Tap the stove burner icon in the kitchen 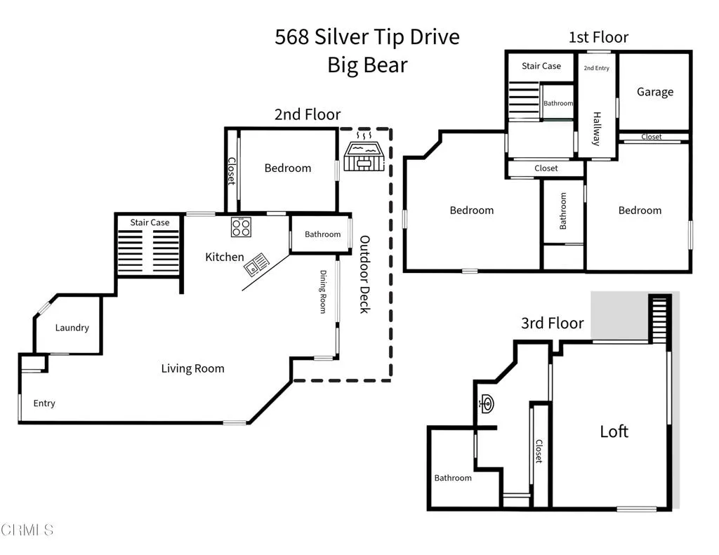[242, 227]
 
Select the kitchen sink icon [256, 265]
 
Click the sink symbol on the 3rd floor [486, 403]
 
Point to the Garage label [655, 92]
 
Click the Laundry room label [72, 328]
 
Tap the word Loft [614, 432]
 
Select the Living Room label [192, 368]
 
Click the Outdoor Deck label [364, 274]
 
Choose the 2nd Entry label [597, 68]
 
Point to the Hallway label [597, 129]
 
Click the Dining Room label [323, 291]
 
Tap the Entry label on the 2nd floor [44, 403]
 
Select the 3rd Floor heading [553, 323]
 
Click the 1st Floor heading [598, 37]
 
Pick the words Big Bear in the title [367, 65]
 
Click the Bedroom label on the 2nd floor [287, 168]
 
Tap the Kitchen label [224, 257]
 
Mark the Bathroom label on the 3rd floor [453, 478]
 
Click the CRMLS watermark [27, 530]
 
